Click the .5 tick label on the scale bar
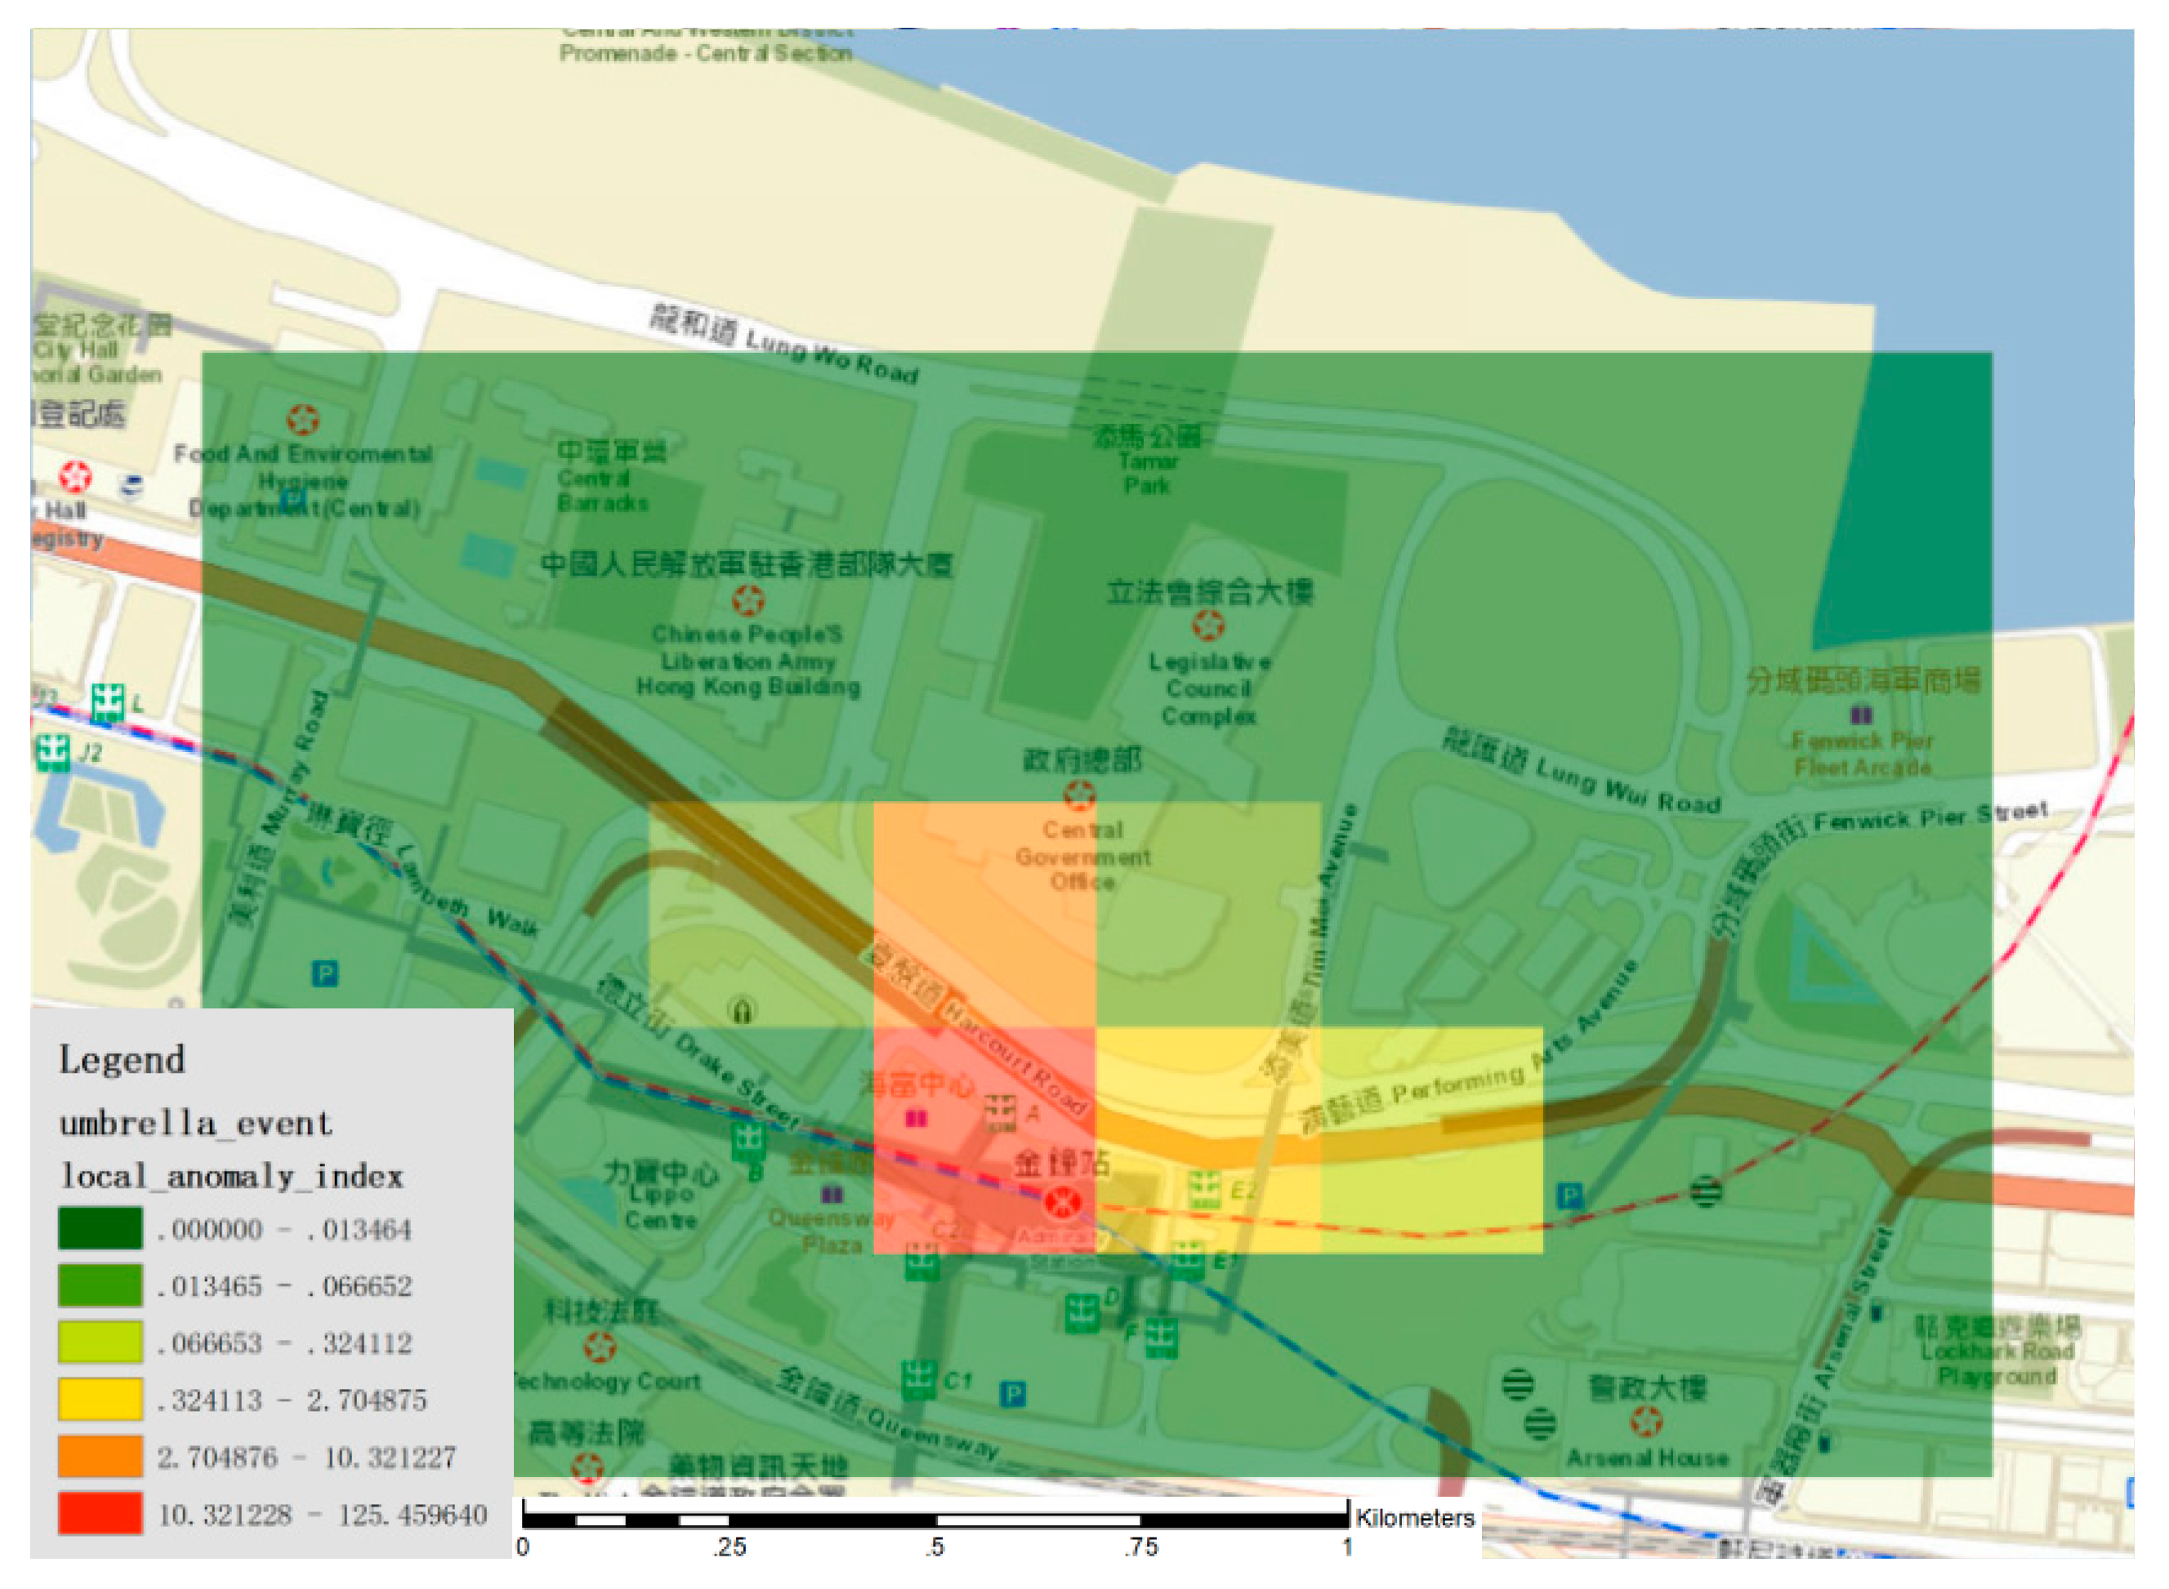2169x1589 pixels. (x=935, y=1547)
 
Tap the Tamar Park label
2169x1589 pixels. (x=1146, y=472)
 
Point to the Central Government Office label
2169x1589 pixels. (x=1082, y=856)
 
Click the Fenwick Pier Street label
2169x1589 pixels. (x=1930, y=816)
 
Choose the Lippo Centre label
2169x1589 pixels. (x=661, y=1206)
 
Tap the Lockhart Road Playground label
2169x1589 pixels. (x=1997, y=1363)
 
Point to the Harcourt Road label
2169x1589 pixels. (x=1015, y=1057)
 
